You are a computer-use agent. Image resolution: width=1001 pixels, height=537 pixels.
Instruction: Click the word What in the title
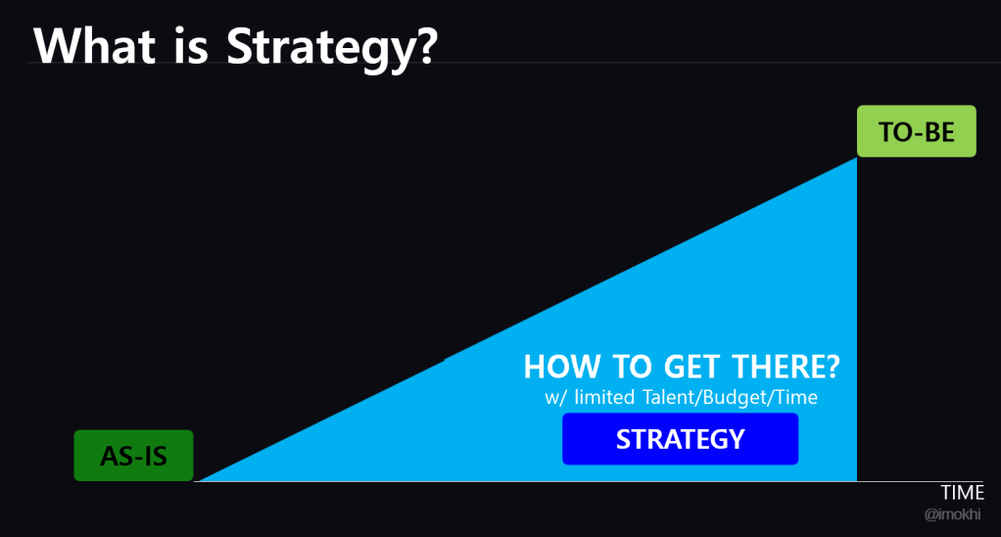[94, 46]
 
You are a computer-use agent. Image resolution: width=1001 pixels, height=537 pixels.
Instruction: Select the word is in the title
[191, 46]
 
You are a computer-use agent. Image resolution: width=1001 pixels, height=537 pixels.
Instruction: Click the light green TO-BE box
[916, 131]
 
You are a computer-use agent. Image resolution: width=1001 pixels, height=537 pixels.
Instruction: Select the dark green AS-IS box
[133, 456]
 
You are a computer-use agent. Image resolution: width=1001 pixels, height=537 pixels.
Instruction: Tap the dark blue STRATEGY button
[680, 439]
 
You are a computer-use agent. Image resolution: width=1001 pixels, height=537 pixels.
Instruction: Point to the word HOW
[562, 367]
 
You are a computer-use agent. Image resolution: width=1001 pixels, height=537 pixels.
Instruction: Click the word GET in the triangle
[692, 367]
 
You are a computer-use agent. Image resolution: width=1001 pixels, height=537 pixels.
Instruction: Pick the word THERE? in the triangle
[786, 367]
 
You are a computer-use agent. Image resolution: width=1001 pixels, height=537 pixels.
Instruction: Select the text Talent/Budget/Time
[730, 398]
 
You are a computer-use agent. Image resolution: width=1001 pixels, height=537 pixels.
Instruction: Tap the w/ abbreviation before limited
[554, 398]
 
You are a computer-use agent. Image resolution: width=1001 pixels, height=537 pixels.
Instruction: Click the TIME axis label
[962, 492]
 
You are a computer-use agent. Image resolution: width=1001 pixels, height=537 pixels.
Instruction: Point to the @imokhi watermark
[952, 514]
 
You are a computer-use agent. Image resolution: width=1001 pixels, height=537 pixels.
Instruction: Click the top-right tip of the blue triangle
[856, 158]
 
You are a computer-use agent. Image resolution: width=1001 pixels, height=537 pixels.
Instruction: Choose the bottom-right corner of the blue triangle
[856, 481]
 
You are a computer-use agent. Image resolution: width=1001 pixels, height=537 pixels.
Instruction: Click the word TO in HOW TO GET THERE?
[632, 367]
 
